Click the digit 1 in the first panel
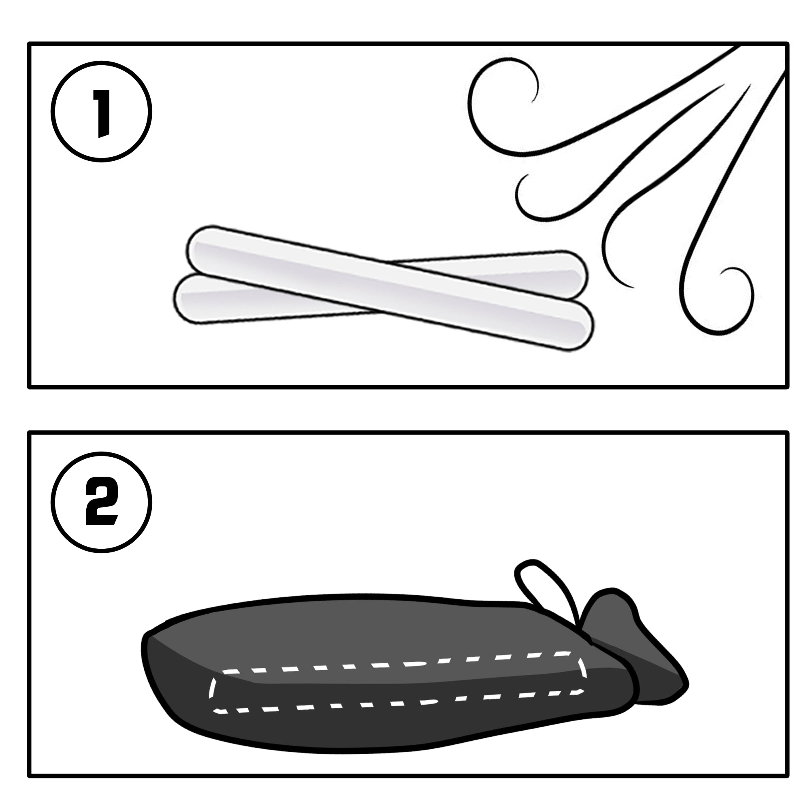coord(102,113)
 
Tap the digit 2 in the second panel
coord(102,502)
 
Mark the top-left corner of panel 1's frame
coord(29,44)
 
